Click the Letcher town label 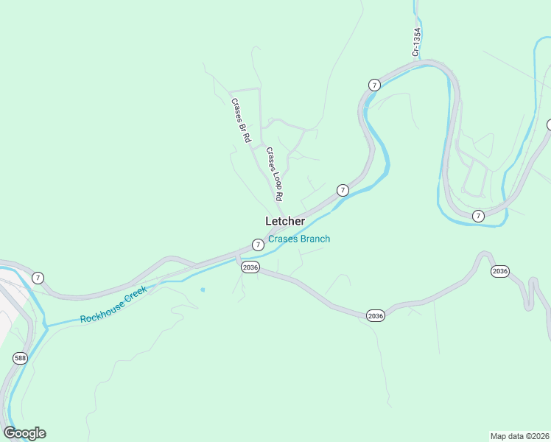pos(285,221)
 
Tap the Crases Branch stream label pos(299,239)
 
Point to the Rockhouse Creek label pos(114,304)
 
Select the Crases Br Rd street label pos(241,120)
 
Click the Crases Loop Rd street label pos(275,175)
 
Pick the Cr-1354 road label pos(416,42)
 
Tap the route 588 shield pos(21,358)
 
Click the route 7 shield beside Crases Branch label pos(257,245)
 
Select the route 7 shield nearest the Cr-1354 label pos(374,85)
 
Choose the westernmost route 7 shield pos(38,278)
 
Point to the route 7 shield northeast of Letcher pos(343,190)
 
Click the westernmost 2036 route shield pos(250,267)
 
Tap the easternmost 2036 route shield pos(499,272)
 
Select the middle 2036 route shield pos(376,315)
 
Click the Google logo pos(24,433)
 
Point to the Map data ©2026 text pos(519,435)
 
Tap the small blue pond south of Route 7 pos(203,290)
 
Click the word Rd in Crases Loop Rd pos(280,195)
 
